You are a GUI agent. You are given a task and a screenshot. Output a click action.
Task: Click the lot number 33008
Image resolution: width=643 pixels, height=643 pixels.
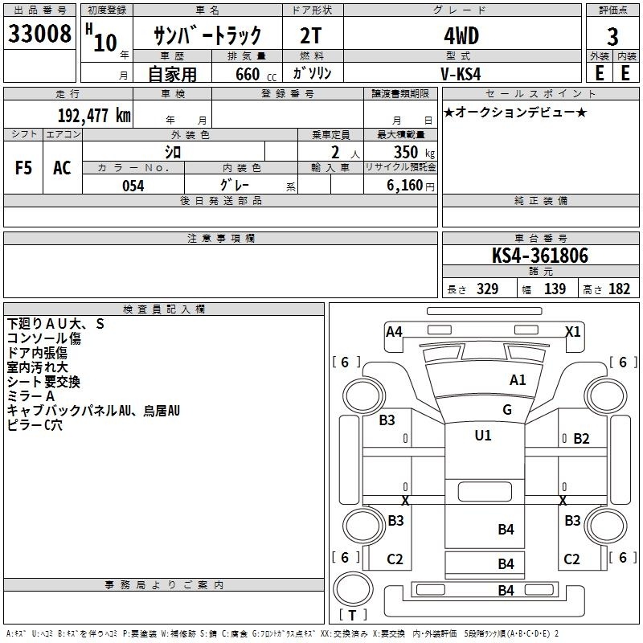click(x=39, y=34)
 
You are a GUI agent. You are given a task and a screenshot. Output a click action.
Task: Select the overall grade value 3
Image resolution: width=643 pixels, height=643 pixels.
click(x=612, y=37)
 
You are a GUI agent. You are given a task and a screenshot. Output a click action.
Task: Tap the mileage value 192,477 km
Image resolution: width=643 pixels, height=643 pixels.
click(x=94, y=116)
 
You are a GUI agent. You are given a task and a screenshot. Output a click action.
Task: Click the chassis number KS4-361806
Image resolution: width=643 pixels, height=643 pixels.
click(x=540, y=256)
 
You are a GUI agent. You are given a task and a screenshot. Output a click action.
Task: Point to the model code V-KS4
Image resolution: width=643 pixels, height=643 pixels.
click(x=461, y=74)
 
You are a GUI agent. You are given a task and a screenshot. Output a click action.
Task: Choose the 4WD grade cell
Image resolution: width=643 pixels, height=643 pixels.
click(x=461, y=36)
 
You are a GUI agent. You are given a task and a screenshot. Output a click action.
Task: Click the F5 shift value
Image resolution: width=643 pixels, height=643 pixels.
click(x=23, y=168)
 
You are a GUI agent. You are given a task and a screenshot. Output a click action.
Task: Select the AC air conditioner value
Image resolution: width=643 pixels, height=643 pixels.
click(x=63, y=168)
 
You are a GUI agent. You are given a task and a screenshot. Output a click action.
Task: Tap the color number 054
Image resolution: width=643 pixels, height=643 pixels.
click(x=133, y=186)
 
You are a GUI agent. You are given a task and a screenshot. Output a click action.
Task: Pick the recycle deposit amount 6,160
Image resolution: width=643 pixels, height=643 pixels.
click(x=405, y=186)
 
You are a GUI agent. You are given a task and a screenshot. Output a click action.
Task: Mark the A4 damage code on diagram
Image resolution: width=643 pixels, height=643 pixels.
click(x=394, y=332)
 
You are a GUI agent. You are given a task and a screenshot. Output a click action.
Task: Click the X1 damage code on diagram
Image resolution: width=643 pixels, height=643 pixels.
click(x=573, y=331)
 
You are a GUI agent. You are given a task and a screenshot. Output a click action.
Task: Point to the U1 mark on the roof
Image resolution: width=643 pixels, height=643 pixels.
click(x=483, y=436)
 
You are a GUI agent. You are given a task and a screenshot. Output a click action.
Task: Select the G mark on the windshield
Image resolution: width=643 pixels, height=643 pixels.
click(x=507, y=410)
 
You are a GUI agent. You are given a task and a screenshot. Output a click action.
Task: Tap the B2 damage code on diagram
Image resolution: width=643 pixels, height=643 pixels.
click(x=581, y=439)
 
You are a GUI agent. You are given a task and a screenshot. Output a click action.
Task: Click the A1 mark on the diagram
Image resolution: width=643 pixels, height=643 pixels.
click(x=518, y=380)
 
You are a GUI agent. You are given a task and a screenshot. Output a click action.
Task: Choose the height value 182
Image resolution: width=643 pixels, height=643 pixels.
click(x=619, y=289)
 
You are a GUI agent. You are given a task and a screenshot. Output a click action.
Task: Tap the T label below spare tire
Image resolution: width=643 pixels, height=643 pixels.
click(x=352, y=616)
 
